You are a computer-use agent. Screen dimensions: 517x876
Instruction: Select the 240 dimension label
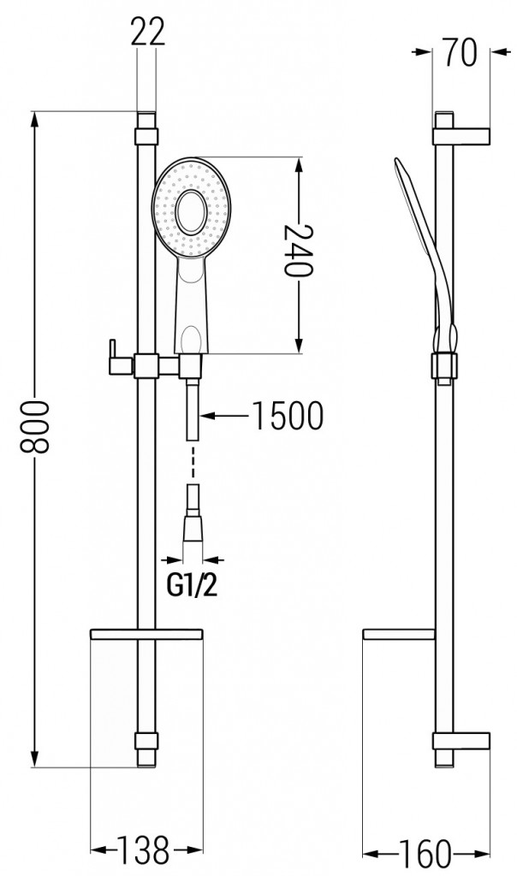point(298,250)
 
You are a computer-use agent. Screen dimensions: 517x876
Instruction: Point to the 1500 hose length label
point(288,416)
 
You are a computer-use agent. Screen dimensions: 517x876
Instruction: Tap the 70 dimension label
point(461,52)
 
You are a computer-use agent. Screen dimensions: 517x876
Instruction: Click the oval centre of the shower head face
point(191,213)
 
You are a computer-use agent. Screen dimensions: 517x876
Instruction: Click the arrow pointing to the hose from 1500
point(223,415)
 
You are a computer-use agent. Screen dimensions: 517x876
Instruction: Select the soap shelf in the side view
point(399,634)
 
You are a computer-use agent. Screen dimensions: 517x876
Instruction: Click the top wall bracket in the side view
point(461,136)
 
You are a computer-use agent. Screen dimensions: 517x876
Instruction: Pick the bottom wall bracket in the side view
point(461,741)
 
